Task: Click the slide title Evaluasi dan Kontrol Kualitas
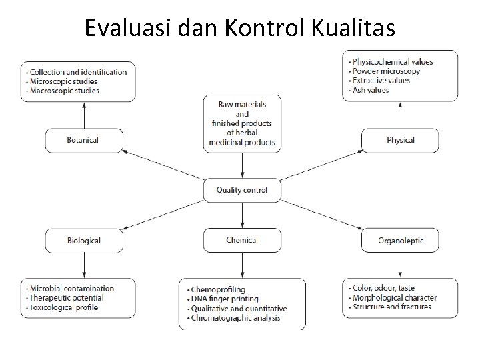coord(240,29)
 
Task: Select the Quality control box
coord(242,190)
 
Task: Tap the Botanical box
coord(83,140)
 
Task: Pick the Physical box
coord(400,140)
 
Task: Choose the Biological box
coord(83,240)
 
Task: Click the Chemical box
coord(242,240)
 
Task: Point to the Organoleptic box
coord(400,240)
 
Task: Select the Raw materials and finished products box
coord(242,123)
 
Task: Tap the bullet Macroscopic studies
coord(64,90)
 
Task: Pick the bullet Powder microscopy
coord(386,71)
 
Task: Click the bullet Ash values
coord(371,89)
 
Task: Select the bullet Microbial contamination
coord(71,289)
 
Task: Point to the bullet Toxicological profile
coord(64,307)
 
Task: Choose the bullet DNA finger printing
coord(225,299)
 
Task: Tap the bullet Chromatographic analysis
coord(235,318)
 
